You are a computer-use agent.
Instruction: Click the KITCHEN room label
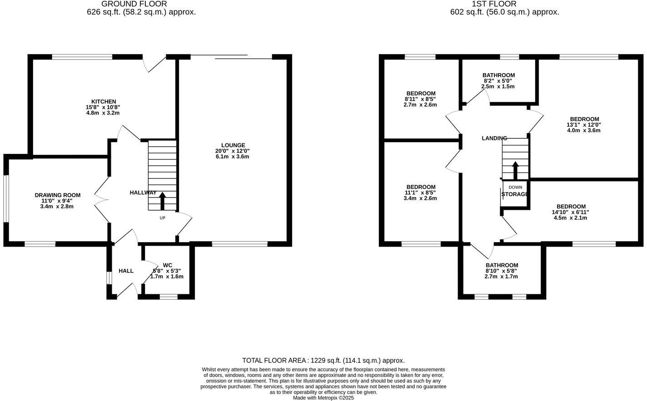click(x=103, y=101)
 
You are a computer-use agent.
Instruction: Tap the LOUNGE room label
click(x=233, y=145)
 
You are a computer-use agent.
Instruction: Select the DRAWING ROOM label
click(x=57, y=195)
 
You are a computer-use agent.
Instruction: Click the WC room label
click(x=168, y=265)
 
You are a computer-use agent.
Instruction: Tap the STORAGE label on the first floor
click(x=515, y=194)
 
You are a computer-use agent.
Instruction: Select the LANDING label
click(x=494, y=138)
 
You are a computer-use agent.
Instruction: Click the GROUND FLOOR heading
click(x=140, y=4)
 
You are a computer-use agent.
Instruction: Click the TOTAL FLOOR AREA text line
click(x=323, y=361)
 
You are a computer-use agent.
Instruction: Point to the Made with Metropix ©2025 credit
click(x=323, y=398)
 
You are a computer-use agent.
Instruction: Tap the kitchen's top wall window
click(x=82, y=57)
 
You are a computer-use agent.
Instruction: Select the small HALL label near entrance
click(x=126, y=271)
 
